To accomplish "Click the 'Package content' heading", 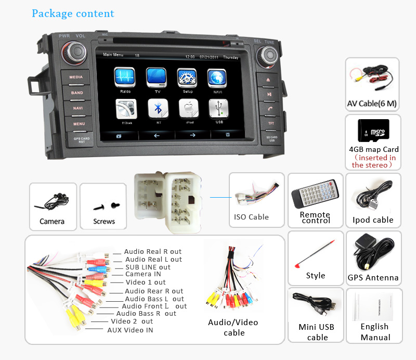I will [73, 14].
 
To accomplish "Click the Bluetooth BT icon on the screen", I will [158, 109].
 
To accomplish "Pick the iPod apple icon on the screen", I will [188, 109].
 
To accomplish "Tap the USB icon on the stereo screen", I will [218, 109].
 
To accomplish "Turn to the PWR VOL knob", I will [72, 52].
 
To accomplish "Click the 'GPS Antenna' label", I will [373, 278].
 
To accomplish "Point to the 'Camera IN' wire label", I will [143, 274].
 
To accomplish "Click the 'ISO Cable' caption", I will [251, 217].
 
